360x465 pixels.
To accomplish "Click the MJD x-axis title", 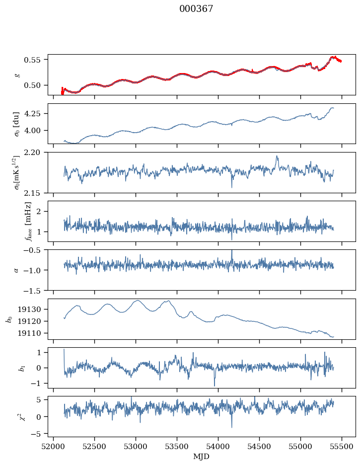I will tap(201, 457).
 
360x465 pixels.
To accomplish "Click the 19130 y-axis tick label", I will tap(33, 309).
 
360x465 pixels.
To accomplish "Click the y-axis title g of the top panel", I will tap(17, 75).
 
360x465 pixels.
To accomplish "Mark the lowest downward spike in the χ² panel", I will tap(231, 427).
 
